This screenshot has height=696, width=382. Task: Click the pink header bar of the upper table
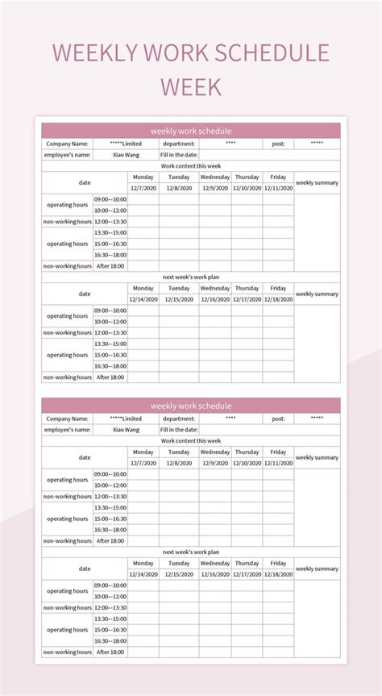tap(191, 131)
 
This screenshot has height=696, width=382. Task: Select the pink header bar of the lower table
tap(191, 406)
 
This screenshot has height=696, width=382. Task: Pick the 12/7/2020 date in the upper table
tap(143, 188)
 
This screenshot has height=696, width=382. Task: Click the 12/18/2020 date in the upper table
tap(278, 299)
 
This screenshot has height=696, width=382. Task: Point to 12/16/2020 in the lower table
tap(215, 574)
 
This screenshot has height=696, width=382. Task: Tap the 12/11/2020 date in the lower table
tap(278, 463)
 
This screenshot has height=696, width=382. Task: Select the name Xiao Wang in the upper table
tap(126, 155)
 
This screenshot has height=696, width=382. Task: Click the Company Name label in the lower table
tap(67, 419)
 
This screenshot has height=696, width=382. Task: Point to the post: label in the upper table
tap(278, 144)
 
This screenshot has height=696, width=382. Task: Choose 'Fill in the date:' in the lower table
tap(179, 430)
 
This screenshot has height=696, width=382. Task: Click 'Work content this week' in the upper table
tap(191, 166)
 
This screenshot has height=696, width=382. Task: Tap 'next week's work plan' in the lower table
tap(191, 552)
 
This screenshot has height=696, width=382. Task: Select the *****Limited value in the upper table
tap(126, 144)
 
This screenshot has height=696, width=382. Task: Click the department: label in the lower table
tap(179, 419)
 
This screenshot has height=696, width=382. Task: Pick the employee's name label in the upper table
tap(67, 155)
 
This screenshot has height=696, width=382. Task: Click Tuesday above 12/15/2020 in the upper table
tap(179, 288)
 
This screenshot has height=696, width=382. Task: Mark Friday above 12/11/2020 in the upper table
tap(278, 177)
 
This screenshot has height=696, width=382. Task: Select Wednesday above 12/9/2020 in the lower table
tap(215, 452)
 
